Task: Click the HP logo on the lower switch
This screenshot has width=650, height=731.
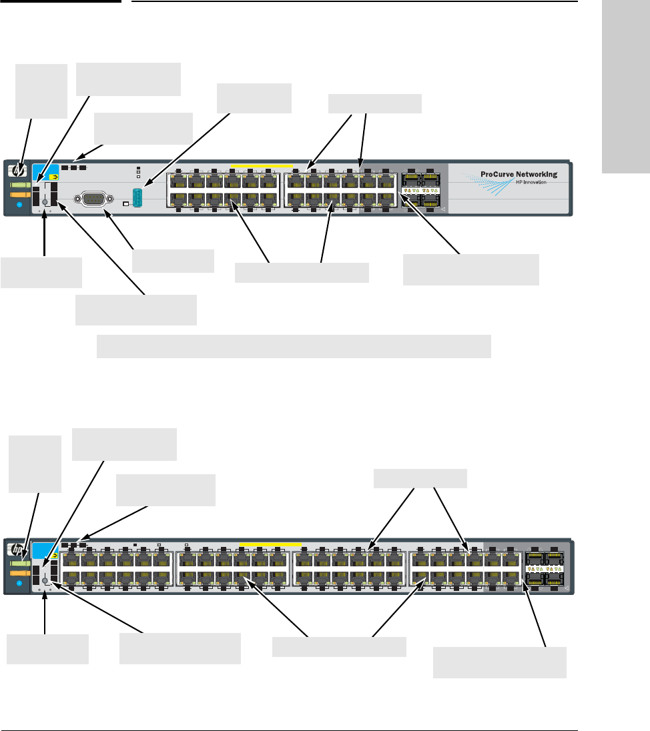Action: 19,548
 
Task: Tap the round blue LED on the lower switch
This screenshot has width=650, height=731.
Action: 19,582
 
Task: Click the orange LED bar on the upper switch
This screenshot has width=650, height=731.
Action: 19,193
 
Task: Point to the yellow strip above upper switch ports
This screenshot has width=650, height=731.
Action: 261,165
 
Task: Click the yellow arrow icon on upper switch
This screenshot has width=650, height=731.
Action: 53,177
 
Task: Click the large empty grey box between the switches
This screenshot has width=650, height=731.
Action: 294,347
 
